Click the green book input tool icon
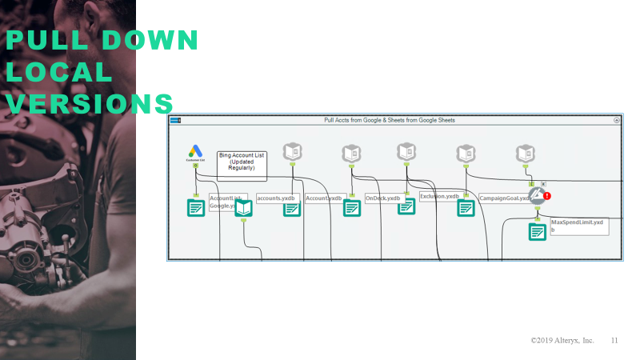point(243,208)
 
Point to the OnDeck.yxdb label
point(382,198)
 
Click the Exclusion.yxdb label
point(439,196)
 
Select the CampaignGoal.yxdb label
point(504,198)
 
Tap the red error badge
point(548,196)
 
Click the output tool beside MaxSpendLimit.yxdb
point(537,232)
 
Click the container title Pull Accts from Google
point(390,120)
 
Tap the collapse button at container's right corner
point(617,120)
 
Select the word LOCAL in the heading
point(59,72)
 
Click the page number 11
point(614,340)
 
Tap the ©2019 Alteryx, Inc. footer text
point(562,340)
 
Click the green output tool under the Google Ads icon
point(195,208)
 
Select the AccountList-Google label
point(227,201)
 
